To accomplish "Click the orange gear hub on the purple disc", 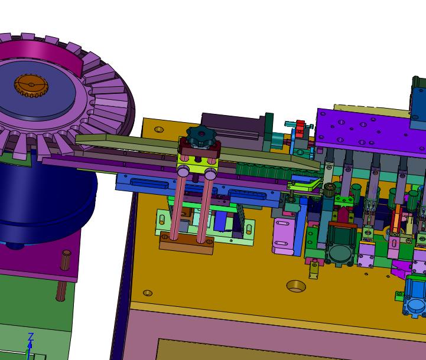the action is (31, 86).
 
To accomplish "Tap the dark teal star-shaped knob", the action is (201, 136).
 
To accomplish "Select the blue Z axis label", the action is (31, 336).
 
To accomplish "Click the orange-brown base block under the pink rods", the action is (186, 243).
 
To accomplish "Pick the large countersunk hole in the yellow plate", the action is (296, 286).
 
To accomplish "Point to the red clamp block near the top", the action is (300, 128).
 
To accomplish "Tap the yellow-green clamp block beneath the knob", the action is (197, 165).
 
